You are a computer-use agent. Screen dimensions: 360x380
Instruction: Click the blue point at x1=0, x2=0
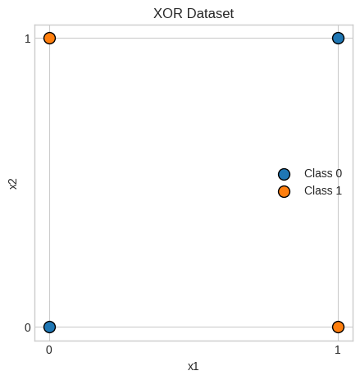[x=49, y=327]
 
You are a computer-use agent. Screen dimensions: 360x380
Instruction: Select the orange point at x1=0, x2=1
[x=49, y=38]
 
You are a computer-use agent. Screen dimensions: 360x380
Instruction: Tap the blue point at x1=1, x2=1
[x=338, y=38]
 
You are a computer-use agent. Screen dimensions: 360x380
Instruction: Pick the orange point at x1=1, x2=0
[x=338, y=327]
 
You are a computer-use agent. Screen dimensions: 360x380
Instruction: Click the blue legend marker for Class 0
[x=284, y=174]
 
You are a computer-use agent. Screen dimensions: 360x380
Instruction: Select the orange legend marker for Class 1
[x=284, y=191]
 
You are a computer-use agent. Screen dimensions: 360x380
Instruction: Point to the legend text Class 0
[x=323, y=173]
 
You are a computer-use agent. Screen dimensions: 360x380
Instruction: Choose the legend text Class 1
[x=323, y=190]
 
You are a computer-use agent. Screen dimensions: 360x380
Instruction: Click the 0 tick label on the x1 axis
[x=49, y=350]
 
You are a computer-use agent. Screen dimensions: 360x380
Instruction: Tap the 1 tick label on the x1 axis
[x=338, y=350]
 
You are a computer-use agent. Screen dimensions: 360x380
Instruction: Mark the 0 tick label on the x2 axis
[x=28, y=327]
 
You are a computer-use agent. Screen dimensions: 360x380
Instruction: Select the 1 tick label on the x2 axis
[x=28, y=39]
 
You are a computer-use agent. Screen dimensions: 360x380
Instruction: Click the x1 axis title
[x=193, y=367]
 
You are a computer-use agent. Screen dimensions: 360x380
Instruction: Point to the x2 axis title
[x=13, y=184]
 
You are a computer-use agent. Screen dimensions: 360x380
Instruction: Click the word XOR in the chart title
[x=168, y=13]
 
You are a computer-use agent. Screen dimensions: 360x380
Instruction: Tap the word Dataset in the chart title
[x=211, y=13]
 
